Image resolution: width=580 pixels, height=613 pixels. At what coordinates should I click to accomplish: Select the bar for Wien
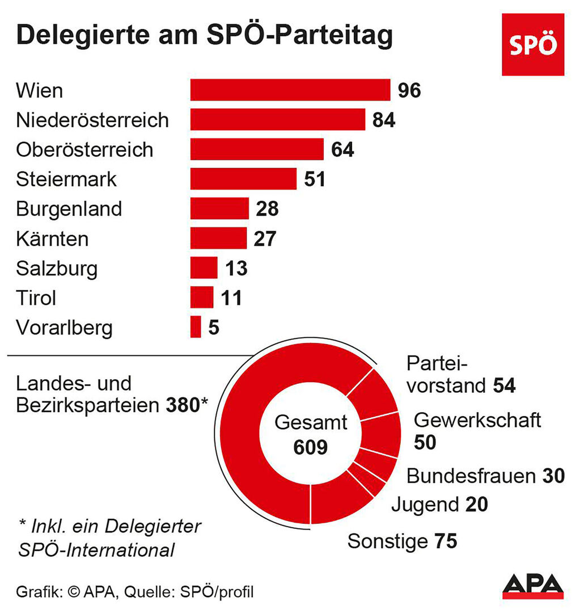(290, 90)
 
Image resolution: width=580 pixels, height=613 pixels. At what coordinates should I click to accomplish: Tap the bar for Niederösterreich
(277, 120)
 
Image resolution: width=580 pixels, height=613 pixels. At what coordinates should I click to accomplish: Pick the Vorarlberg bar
(196, 327)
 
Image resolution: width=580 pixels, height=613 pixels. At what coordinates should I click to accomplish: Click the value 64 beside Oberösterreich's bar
(342, 150)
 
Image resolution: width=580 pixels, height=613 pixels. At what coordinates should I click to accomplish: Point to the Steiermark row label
(66, 179)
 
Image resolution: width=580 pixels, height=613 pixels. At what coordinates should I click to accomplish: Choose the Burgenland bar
(219, 209)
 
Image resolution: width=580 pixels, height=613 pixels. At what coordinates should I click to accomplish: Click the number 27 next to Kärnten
(264, 238)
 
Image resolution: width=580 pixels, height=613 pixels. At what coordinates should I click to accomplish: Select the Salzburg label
(57, 268)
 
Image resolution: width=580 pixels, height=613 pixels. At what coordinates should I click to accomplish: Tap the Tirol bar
(202, 297)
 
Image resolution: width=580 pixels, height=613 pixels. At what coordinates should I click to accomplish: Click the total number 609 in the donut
(311, 447)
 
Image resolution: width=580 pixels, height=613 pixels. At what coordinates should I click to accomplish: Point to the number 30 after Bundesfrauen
(552, 476)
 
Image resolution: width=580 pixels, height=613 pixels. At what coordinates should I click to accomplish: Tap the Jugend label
(425, 504)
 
